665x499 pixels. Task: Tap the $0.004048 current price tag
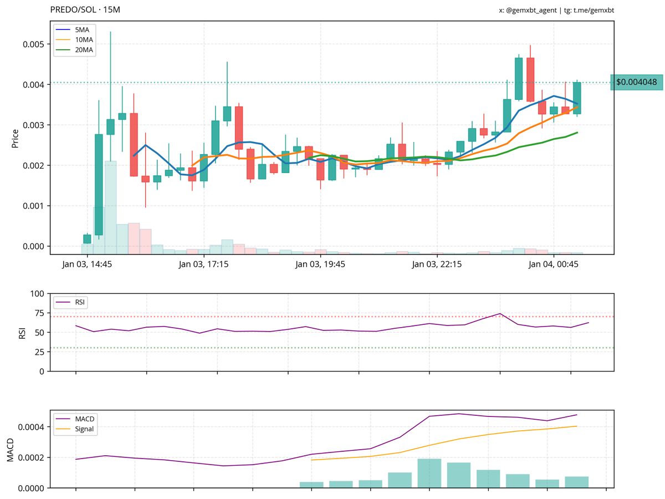tap(636, 82)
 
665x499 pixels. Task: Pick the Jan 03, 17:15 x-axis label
tap(204, 264)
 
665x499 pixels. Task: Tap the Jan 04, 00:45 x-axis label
tap(554, 264)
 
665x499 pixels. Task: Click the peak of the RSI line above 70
tap(500, 314)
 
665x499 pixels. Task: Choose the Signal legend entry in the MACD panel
tap(84, 429)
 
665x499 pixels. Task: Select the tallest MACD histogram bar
tap(429, 473)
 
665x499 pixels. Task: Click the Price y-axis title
tap(15, 138)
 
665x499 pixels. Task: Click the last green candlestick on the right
tap(577, 98)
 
